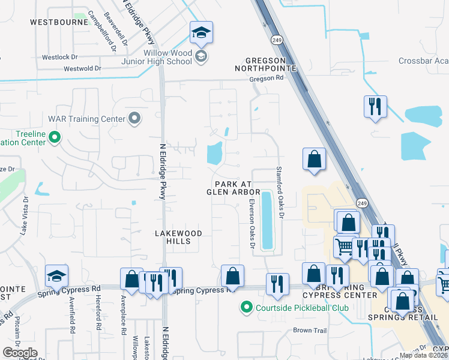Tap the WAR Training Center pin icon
pos(135,118)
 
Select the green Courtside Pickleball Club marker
pos(246,308)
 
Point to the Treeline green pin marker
pos(55,138)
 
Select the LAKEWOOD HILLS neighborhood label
pos(178,237)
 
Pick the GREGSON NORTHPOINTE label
pos(270,65)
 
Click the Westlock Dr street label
pos(60,58)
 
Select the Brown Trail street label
pos(309,331)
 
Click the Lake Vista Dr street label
pos(25,214)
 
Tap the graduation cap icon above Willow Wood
pos(202,33)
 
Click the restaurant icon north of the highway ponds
pos(375,107)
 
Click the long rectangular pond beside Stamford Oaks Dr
pos(267,220)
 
